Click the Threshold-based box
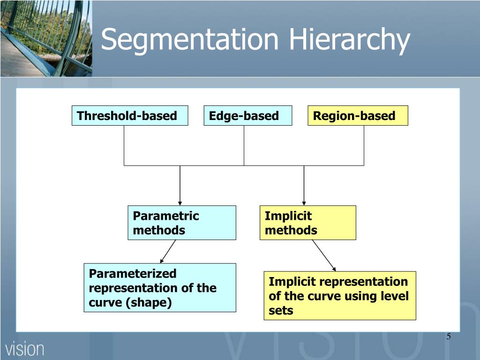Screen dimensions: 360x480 (129, 116)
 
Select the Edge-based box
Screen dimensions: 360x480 (247, 116)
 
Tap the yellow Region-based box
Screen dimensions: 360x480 (358, 116)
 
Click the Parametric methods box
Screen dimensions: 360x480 (181, 223)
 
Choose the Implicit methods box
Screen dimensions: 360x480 (307, 223)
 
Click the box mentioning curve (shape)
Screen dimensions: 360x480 (159, 288)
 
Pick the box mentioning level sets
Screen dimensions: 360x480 (339, 296)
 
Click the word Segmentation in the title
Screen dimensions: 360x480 (189, 39)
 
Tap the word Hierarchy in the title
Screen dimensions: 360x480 (349, 39)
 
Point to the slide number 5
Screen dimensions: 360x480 (449, 337)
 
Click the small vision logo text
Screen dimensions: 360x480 (25, 349)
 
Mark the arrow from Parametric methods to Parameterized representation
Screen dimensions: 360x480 (168, 251)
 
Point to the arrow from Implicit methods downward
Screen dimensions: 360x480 (324, 255)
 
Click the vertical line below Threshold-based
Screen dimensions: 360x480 (124, 145)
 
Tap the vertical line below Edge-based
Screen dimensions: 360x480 (244, 145)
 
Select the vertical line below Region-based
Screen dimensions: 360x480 (364, 145)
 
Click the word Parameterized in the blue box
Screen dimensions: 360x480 (133, 273)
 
